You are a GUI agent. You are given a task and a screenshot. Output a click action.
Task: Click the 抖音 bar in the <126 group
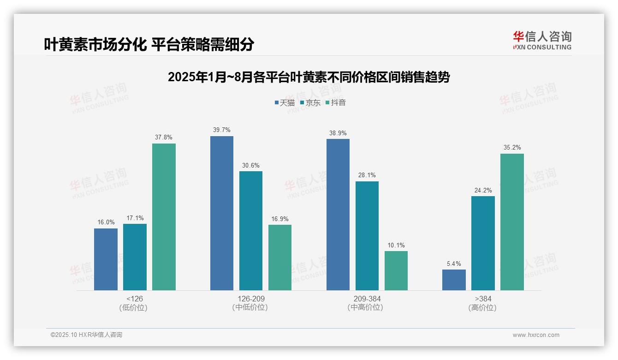(x=164, y=217)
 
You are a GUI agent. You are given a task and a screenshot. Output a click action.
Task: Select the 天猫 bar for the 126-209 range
(x=222, y=213)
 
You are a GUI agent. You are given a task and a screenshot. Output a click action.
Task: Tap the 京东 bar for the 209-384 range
(x=367, y=236)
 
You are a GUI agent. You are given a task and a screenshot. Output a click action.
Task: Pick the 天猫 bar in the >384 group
(x=454, y=280)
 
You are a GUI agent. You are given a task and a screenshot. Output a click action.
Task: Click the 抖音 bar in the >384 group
(x=512, y=222)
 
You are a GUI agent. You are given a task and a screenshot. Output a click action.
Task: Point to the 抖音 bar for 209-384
(x=396, y=271)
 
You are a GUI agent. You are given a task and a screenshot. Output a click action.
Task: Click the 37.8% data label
(x=164, y=138)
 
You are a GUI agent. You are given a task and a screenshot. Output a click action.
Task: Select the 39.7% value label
(x=222, y=130)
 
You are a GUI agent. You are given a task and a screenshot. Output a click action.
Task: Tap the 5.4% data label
(x=454, y=264)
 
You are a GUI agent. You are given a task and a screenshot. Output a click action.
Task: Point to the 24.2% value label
(x=483, y=190)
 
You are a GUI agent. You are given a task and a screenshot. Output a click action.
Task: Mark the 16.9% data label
(x=280, y=219)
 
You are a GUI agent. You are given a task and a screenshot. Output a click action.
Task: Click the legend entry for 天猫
(x=285, y=102)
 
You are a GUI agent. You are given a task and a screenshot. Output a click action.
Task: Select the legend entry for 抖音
(x=336, y=102)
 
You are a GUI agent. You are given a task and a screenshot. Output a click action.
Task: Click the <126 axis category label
(x=135, y=299)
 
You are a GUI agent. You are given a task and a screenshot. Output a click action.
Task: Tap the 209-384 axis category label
(x=367, y=299)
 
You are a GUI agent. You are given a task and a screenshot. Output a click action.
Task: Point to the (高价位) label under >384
(x=483, y=308)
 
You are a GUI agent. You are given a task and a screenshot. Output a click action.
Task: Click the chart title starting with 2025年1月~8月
(x=309, y=77)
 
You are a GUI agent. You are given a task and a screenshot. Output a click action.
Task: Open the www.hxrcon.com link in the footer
(x=536, y=335)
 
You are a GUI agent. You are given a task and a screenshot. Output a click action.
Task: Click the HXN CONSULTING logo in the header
(x=542, y=41)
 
